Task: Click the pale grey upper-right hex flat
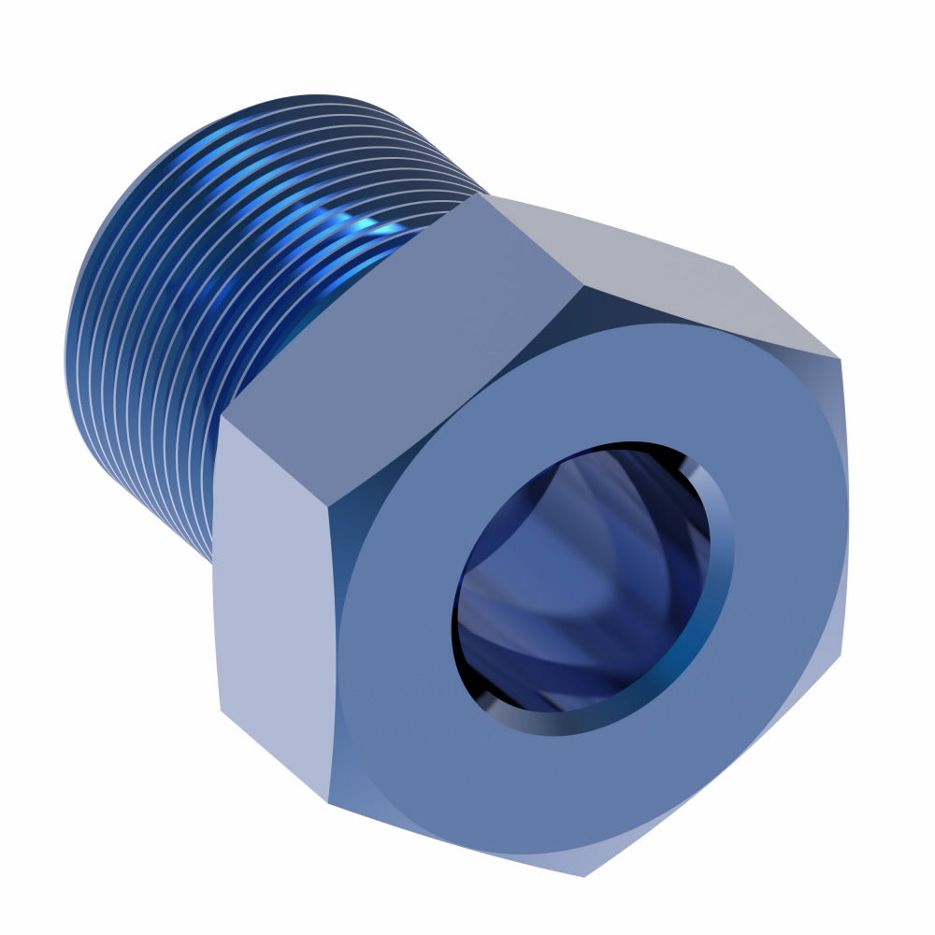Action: click(654, 262)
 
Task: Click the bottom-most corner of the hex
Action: click(585, 875)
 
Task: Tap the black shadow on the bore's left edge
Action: click(463, 598)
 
